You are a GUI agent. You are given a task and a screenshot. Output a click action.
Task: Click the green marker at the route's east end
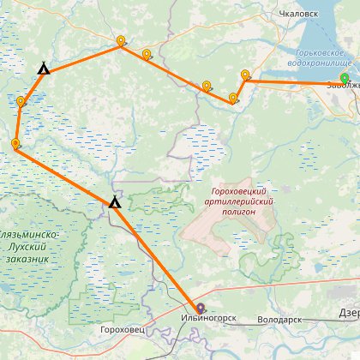(x=345, y=80)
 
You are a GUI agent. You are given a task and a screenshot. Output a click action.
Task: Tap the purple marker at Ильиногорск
(x=200, y=309)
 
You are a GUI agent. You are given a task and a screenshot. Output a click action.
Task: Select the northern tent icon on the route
(x=43, y=69)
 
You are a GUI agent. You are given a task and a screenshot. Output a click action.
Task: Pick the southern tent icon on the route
(x=113, y=202)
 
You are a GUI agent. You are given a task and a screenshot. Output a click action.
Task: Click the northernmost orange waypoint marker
(x=121, y=40)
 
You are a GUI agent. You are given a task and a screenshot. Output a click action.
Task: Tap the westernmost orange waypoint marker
(x=15, y=144)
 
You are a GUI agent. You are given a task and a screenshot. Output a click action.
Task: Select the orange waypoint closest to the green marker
(x=245, y=75)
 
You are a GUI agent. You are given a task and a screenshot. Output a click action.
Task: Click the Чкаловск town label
(x=299, y=15)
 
